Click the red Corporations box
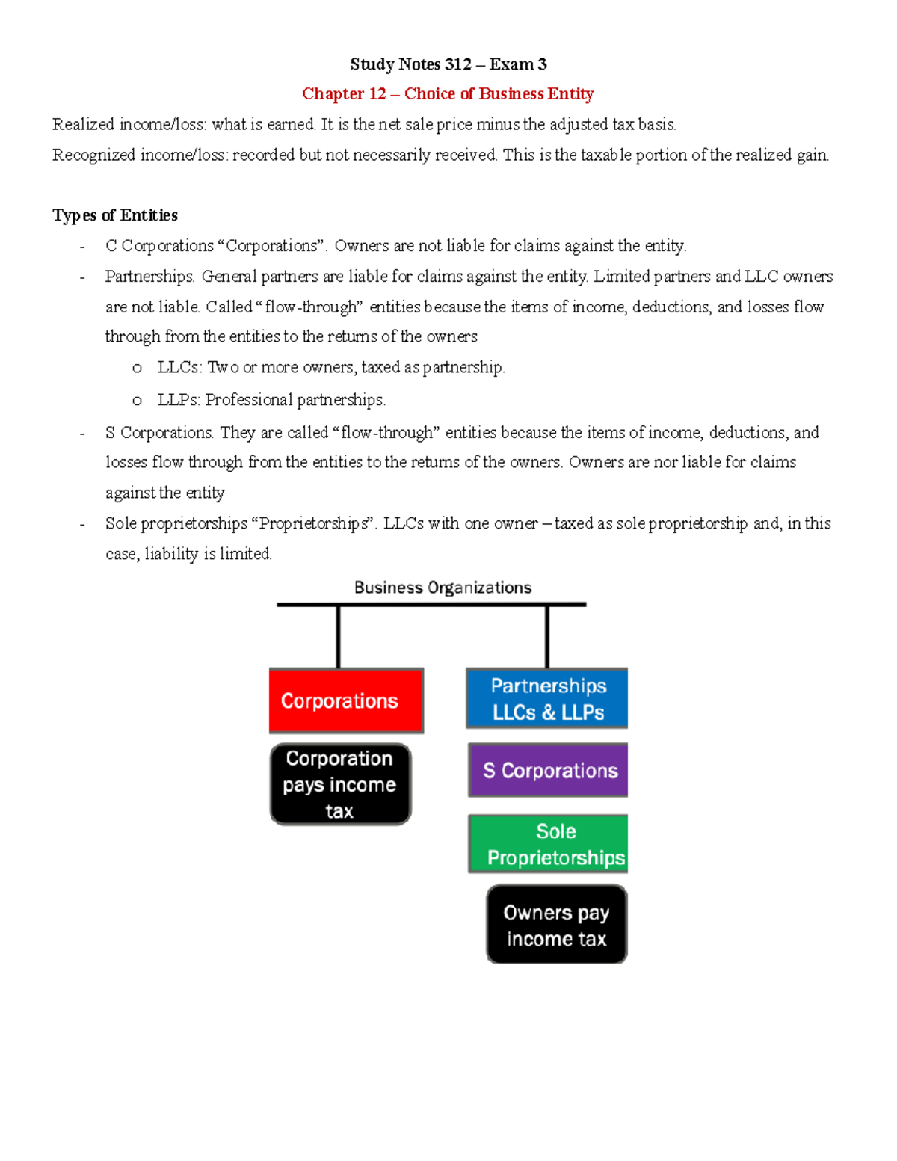pos(346,700)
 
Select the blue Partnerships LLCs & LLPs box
pos(546,698)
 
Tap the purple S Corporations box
pos(548,770)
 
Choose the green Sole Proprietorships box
pos(548,844)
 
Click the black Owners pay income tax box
pos(556,925)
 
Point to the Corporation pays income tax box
pos(340,784)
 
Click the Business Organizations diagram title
pos(443,588)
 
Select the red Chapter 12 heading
pos(447,94)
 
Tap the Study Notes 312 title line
pos(448,64)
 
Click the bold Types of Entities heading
pos(115,215)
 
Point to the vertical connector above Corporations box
pos(339,636)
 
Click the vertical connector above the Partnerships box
pos(547,636)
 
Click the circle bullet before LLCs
pos(137,368)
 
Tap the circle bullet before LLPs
pos(137,401)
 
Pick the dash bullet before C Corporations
pos(82,247)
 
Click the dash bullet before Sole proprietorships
pos(82,524)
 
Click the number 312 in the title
pos(457,64)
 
